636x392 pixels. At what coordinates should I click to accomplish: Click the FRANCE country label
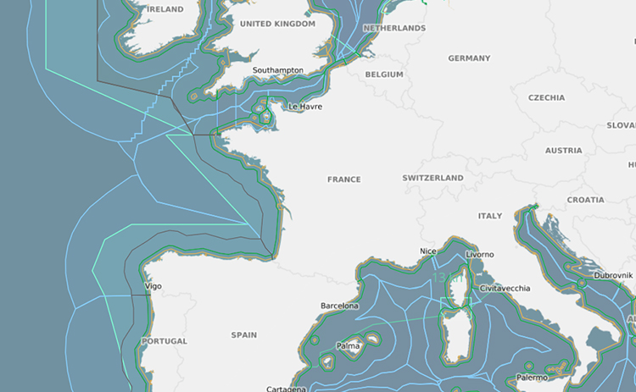[344, 179]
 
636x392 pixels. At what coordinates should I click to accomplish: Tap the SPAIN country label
[244, 335]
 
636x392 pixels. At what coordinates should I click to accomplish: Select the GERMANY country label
[469, 58]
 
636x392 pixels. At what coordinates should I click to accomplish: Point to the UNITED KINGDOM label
[277, 24]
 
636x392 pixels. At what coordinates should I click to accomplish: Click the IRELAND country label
[165, 9]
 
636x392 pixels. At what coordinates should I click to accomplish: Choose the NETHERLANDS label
[394, 28]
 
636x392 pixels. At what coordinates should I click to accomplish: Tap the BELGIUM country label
[384, 75]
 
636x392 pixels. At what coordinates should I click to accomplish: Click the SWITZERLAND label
[433, 178]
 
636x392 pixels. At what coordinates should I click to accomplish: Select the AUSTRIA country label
[564, 151]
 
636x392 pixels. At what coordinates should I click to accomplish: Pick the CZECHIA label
[546, 97]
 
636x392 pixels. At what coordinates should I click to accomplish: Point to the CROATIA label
[586, 201]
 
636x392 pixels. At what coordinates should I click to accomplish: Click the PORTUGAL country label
[165, 341]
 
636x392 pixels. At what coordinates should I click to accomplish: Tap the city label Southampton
[278, 70]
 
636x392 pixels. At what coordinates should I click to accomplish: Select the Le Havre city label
[305, 108]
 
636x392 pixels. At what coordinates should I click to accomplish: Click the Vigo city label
[153, 286]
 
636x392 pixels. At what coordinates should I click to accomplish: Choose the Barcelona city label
[339, 306]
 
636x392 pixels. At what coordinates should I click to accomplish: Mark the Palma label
[348, 346]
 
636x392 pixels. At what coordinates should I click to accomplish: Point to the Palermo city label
[533, 378]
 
